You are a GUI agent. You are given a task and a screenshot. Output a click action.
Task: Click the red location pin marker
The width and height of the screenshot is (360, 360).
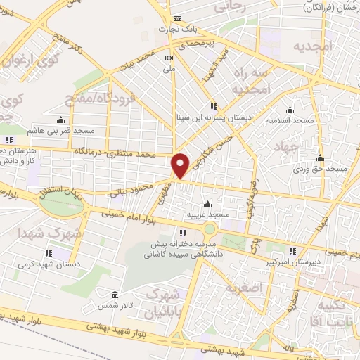pyautogui.click(x=181, y=165)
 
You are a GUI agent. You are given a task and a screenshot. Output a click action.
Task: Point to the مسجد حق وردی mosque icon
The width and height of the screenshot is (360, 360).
pyautogui.click(x=321, y=157)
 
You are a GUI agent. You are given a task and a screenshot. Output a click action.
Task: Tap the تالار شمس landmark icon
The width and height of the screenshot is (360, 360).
pyautogui.click(x=115, y=295)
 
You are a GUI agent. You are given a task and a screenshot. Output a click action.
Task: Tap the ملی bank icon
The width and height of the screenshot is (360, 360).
pyautogui.click(x=168, y=58)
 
